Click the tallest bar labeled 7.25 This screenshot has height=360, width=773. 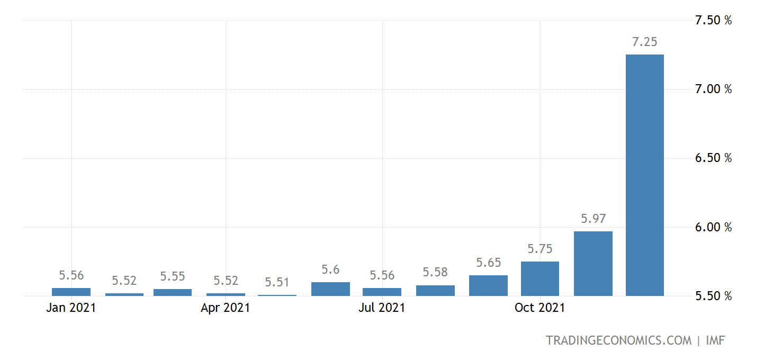(644, 175)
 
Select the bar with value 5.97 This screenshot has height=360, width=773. (593, 263)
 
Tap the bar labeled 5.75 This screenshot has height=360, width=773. (540, 278)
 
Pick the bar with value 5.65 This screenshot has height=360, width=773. (488, 285)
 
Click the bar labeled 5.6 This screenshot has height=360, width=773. (330, 289)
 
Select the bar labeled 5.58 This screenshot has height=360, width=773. (435, 290)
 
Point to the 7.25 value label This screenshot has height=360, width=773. (644, 42)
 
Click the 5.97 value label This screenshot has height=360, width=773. (593, 219)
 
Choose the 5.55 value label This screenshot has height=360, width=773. (173, 276)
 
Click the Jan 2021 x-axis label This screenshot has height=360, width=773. (71, 308)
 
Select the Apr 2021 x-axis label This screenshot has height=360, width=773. (226, 308)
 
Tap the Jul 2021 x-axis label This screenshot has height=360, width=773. (382, 308)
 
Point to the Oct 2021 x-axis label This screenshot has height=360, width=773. (540, 308)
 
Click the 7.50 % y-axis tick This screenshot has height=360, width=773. (713, 21)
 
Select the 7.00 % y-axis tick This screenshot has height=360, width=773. (713, 89)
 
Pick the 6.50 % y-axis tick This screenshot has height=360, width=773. (713, 158)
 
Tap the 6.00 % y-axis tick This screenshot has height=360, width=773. (713, 227)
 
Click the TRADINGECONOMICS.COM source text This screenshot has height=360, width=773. (618, 340)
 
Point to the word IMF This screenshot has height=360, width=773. (715, 340)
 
